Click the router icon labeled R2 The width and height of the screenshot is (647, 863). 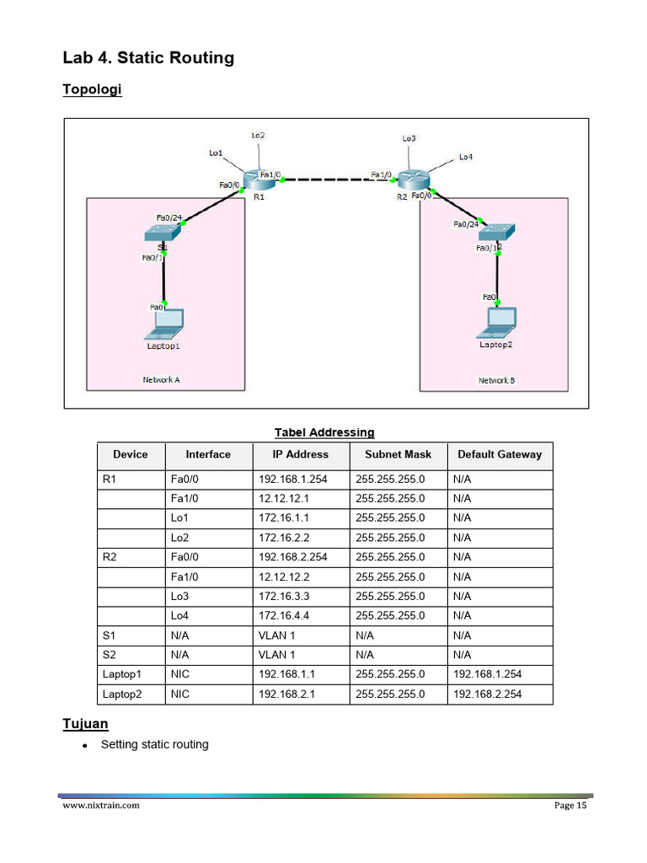pos(414,180)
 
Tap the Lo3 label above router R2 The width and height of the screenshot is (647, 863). pos(409,138)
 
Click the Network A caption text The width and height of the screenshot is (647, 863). pos(161,379)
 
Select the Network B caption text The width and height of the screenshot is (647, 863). pos(497,380)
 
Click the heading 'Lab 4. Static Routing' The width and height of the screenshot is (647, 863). pos(148,58)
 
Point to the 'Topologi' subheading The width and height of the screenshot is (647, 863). pos(92,89)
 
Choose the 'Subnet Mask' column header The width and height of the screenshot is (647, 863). pos(398,454)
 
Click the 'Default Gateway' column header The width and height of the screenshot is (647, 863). pos(500,454)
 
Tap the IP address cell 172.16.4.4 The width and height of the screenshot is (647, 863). pos(284,615)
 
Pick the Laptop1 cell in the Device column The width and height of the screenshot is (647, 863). pos(121,674)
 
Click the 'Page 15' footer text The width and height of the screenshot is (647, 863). pos(569,806)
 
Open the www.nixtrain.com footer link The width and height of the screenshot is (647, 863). pos(101,806)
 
